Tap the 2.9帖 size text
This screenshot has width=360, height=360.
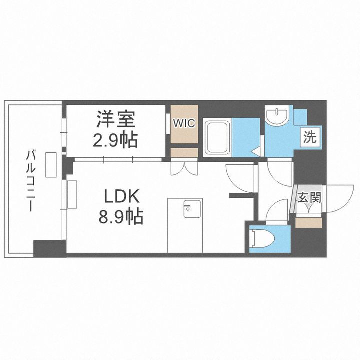(115, 141)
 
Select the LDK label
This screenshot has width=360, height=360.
(122, 196)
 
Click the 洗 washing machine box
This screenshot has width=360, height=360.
(310, 137)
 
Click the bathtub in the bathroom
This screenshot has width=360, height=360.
(217, 137)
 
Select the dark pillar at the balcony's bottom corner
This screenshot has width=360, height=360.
(49, 249)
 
